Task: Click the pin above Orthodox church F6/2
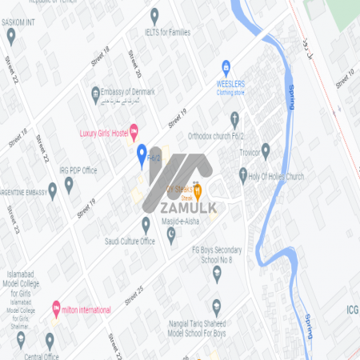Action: pyautogui.click(x=234, y=119)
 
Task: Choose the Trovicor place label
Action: pyautogui.click(x=242, y=151)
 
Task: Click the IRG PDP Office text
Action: pyautogui.click(x=78, y=170)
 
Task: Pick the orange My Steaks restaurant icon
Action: pyautogui.click(x=198, y=190)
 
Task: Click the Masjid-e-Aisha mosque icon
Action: pyautogui.click(x=170, y=234)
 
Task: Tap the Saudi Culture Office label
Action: pyautogui.click(x=130, y=241)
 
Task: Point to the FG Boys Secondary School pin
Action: pyautogui.click(x=216, y=274)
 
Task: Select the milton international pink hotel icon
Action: pyautogui.click(x=55, y=307)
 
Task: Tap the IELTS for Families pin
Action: pyautogui.click(x=154, y=14)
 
